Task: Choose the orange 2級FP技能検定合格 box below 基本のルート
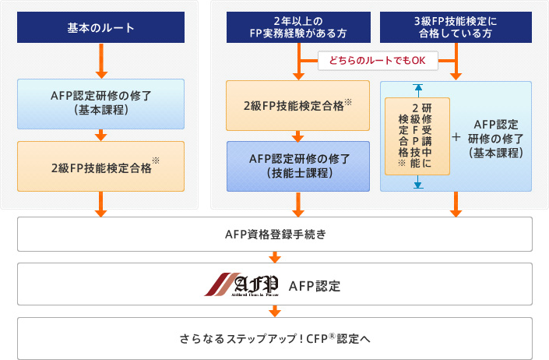[100, 165]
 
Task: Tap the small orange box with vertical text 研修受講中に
[417, 136]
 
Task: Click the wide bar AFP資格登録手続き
[275, 234]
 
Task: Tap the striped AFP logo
[241, 283]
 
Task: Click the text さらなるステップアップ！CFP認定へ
[275, 338]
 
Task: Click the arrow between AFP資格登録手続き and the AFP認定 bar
[275, 256]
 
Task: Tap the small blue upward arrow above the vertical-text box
[417, 89]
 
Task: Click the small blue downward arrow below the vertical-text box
[417, 184]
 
